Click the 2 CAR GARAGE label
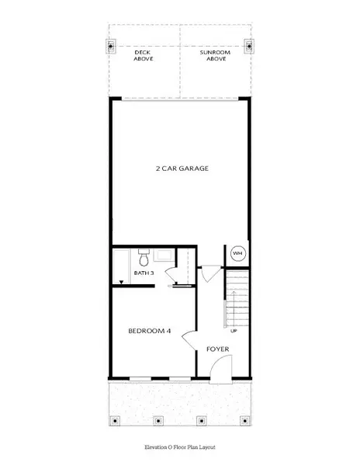coord(182,169)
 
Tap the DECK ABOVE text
coord(144,56)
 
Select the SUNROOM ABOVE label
coord(215,56)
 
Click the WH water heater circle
coord(237,253)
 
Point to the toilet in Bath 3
coord(144,258)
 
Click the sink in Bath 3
coord(164,256)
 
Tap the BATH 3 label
coord(144,273)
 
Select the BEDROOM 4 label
coord(150,331)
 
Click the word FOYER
coord(218,349)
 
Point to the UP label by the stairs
coord(234,331)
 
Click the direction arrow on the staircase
coord(234,309)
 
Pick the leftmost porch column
coord(115,420)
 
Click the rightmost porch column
coord(245,420)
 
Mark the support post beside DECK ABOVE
coord(111,47)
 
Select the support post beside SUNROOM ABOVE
coord(250,47)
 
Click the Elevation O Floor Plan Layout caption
coord(180,447)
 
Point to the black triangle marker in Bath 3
coord(121,282)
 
